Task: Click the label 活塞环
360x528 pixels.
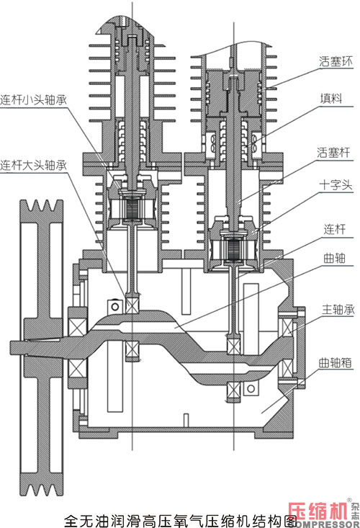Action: (336, 61)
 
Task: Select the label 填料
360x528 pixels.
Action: (331, 99)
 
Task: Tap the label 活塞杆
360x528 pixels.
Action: (333, 153)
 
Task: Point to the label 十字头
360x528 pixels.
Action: (336, 185)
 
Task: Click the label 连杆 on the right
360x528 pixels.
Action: (334, 229)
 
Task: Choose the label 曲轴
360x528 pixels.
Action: (334, 259)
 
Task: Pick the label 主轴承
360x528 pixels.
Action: (338, 310)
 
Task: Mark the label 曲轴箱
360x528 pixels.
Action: (335, 362)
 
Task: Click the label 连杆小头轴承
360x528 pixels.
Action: (33, 99)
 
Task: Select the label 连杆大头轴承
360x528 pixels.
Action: (33, 165)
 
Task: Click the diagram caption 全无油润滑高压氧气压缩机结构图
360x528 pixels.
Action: (181, 520)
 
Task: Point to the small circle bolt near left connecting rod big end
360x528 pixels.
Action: (114, 306)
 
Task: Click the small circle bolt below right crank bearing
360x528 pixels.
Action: (251, 389)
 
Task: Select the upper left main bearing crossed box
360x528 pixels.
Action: (77, 326)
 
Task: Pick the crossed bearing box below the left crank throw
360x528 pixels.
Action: (132, 349)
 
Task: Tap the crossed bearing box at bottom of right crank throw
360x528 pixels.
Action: (234, 390)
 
